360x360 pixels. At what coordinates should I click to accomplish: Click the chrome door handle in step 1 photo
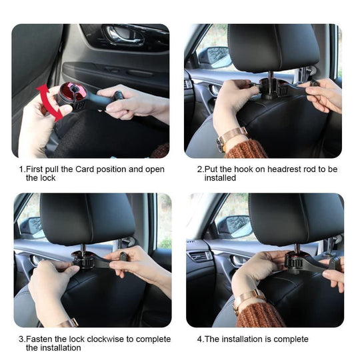pos(124,35)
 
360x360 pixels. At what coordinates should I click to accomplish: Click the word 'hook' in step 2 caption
pos(246,169)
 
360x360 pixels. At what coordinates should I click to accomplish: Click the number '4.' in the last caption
pos(200,339)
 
